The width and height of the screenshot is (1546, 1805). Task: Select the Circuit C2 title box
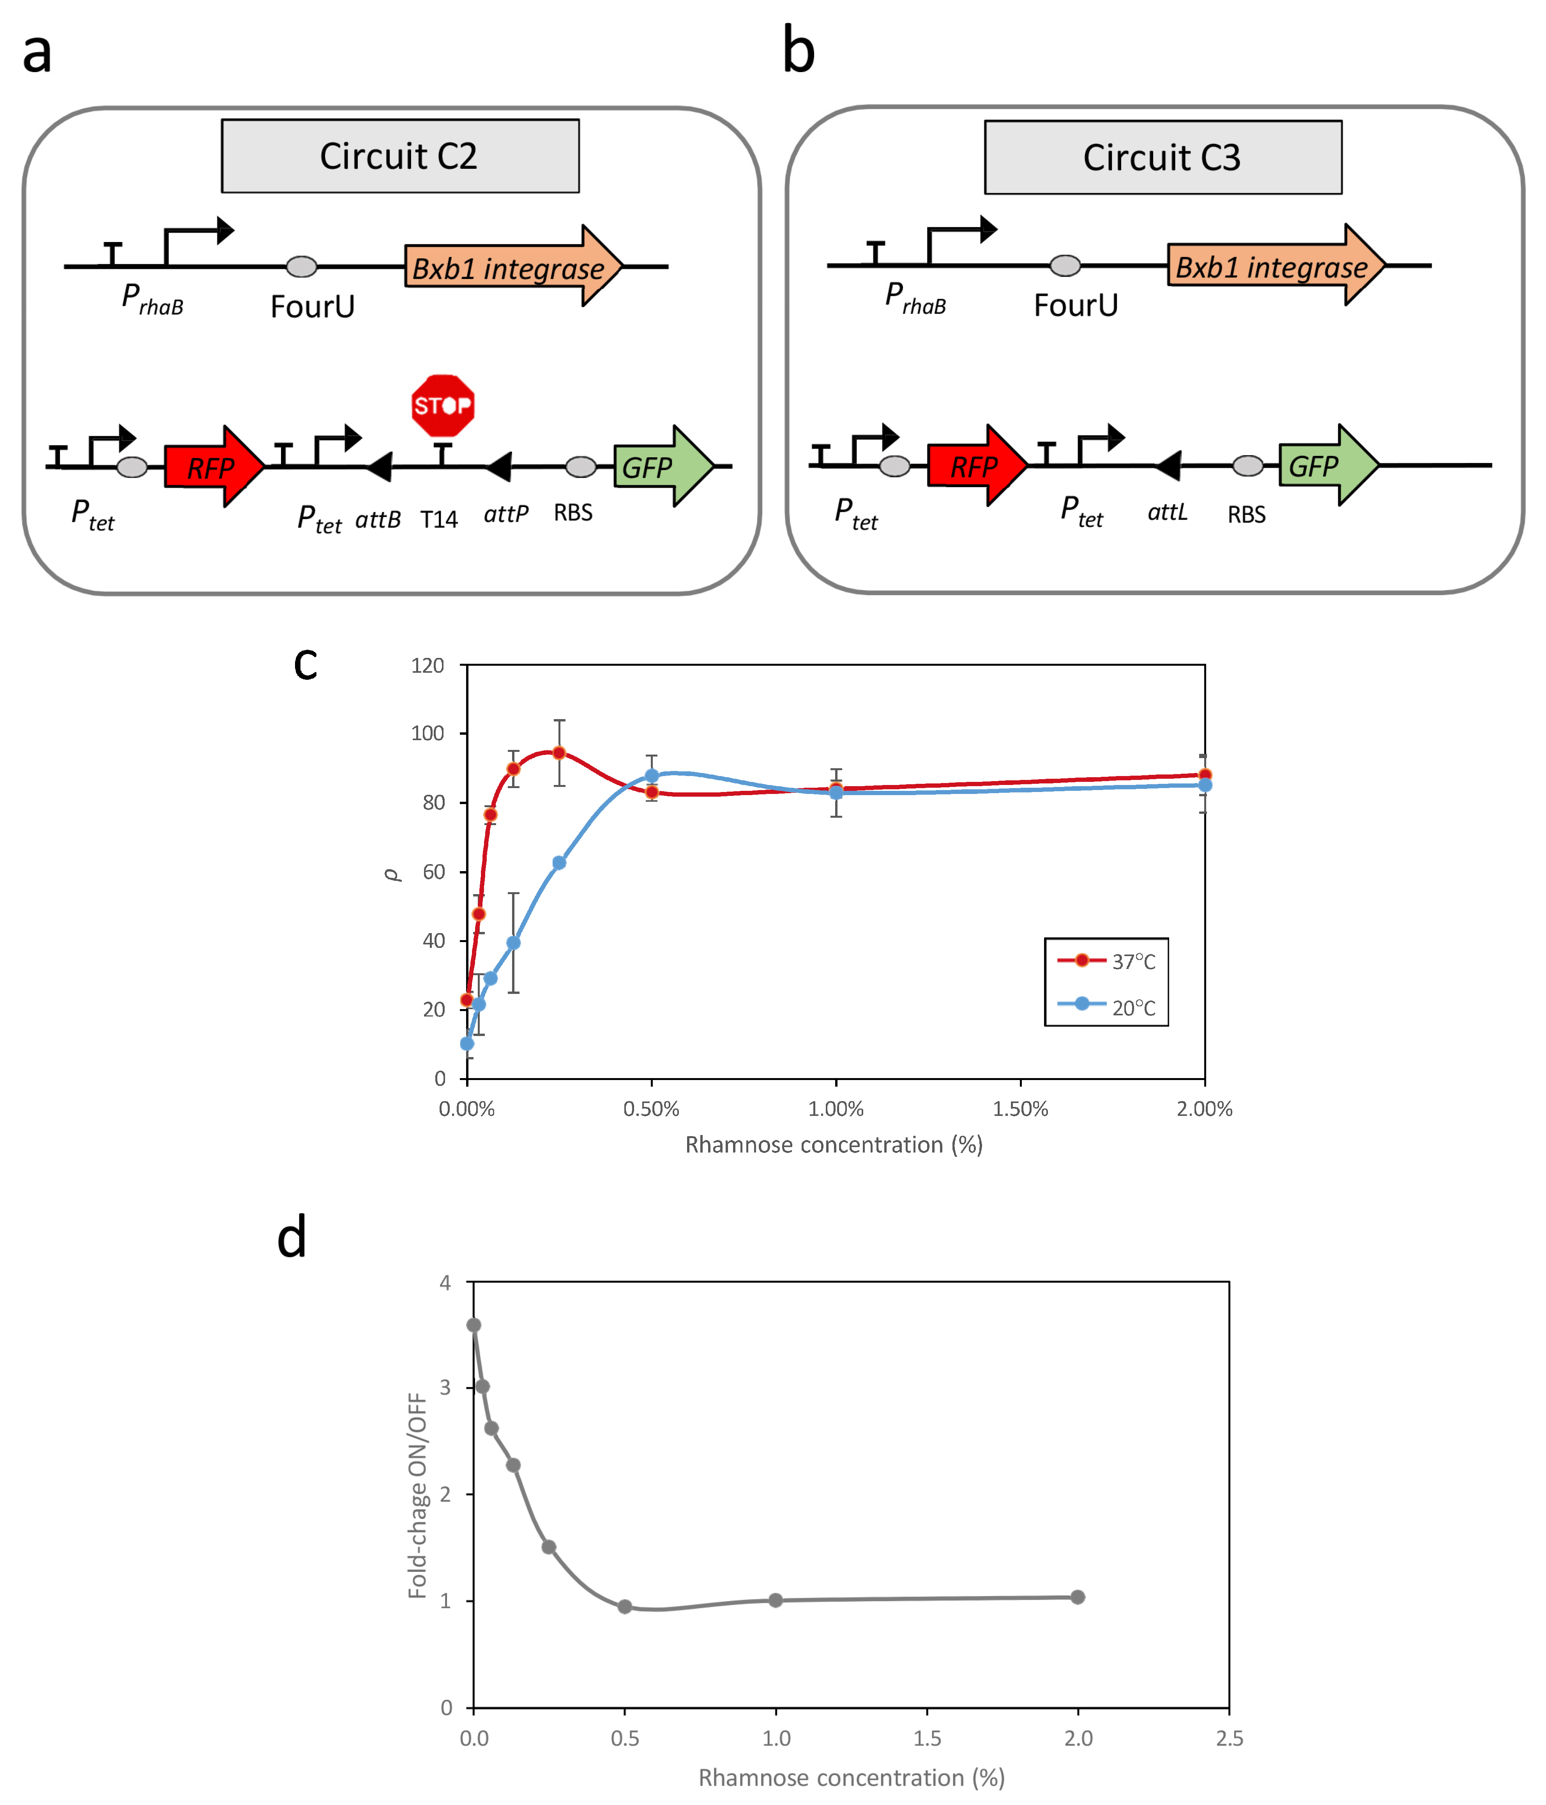pyautogui.click(x=400, y=156)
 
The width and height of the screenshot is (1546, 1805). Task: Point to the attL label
pyautogui.click(x=1167, y=512)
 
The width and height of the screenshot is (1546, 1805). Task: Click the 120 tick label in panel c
pyautogui.click(x=428, y=666)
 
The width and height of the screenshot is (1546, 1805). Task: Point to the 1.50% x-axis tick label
pyautogui.click(x=1020, y=1109)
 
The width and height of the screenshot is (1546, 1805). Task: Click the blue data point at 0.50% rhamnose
pyautogui.click(x=652, y=775)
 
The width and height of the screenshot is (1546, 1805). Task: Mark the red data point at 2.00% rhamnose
pyautogui.click(x=1205, y=774)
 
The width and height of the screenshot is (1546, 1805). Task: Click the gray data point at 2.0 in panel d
pyautogui.click(x=1078, y=1597)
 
